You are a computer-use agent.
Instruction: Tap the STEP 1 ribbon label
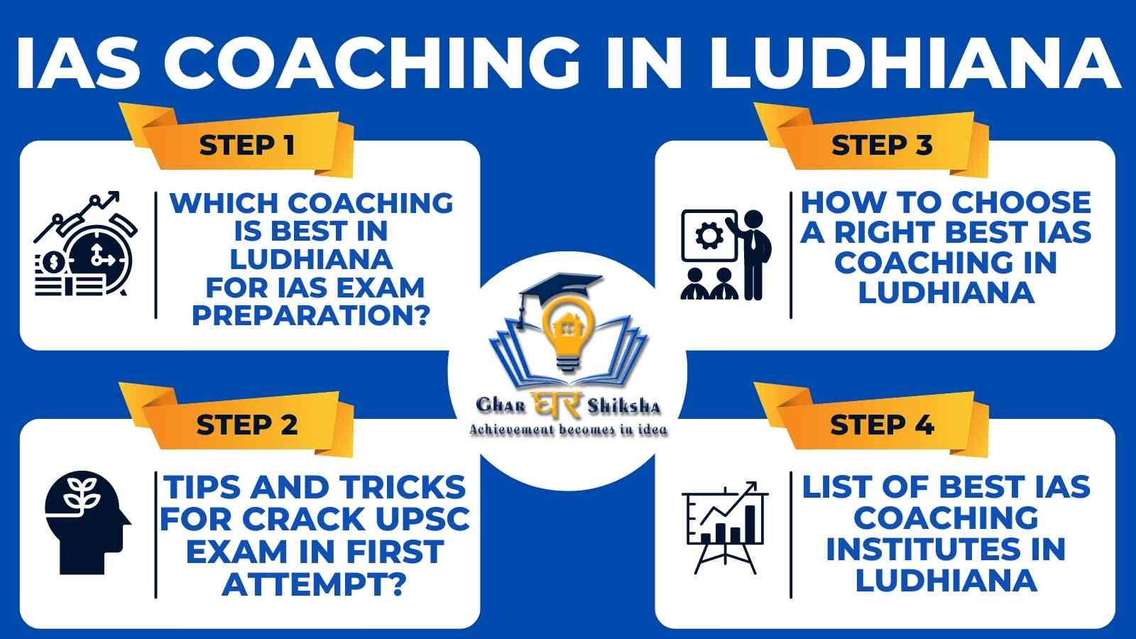coord(247,146)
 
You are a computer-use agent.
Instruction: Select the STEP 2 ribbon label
coord(247,425)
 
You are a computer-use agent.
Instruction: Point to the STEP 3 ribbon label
coord(882,145)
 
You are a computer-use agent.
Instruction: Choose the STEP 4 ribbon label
coord(882,425)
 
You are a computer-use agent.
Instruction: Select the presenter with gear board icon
coord(726,255)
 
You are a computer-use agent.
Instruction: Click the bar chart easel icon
coord(725,528)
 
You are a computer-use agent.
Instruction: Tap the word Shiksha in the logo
coord(624,406)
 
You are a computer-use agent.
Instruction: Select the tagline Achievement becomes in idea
coord(568,430)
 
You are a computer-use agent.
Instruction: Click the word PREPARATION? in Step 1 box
coord(311,315)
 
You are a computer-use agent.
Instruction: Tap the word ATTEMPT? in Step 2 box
coord(315,584)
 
